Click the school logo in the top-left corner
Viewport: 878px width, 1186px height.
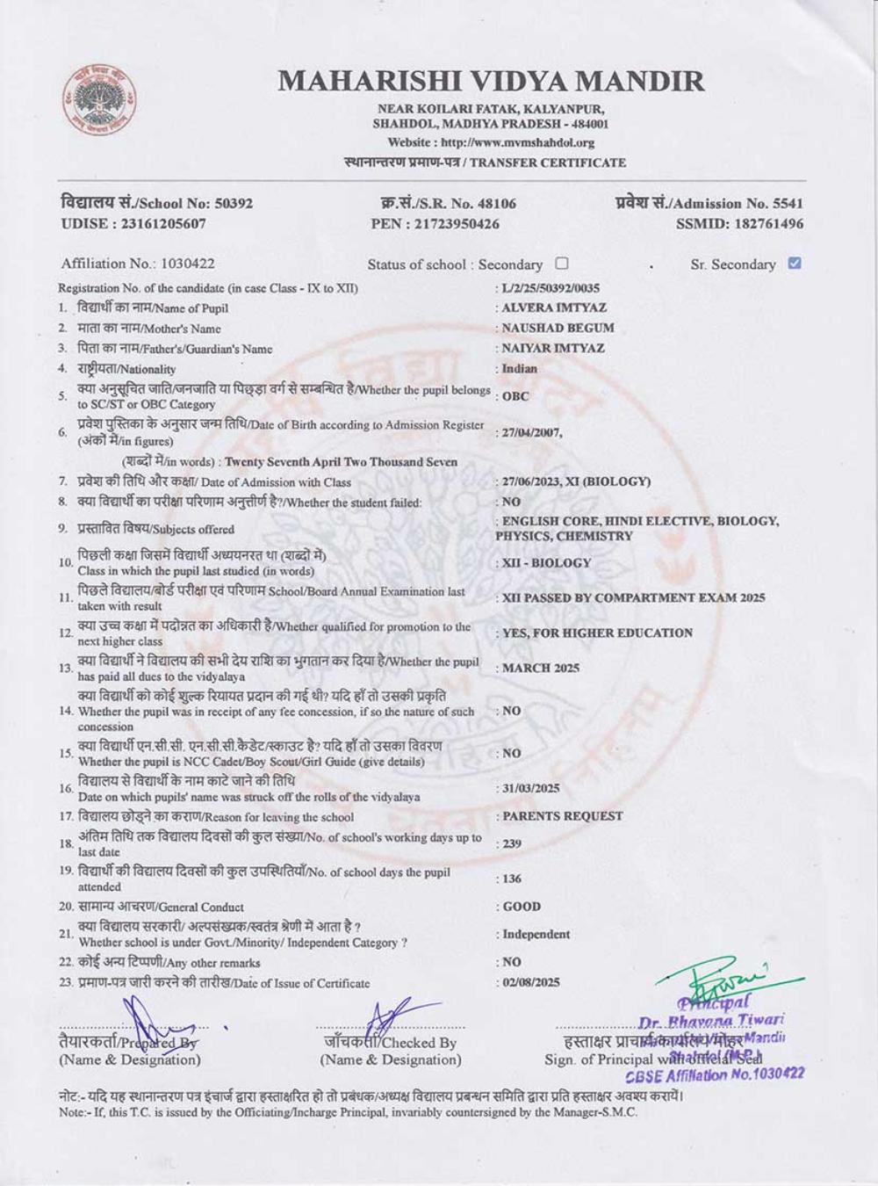98,102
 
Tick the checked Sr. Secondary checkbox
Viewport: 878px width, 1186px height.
795,263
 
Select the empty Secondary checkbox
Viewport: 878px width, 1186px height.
562,263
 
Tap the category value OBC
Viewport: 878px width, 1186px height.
515,396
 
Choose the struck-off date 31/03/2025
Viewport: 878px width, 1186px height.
530,788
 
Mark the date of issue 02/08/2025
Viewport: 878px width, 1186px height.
530,982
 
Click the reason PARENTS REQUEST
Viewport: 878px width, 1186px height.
562,816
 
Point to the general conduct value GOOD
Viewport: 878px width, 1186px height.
522,907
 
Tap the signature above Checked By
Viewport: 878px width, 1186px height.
386,1021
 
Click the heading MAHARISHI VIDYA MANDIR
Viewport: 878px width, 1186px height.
491,81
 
